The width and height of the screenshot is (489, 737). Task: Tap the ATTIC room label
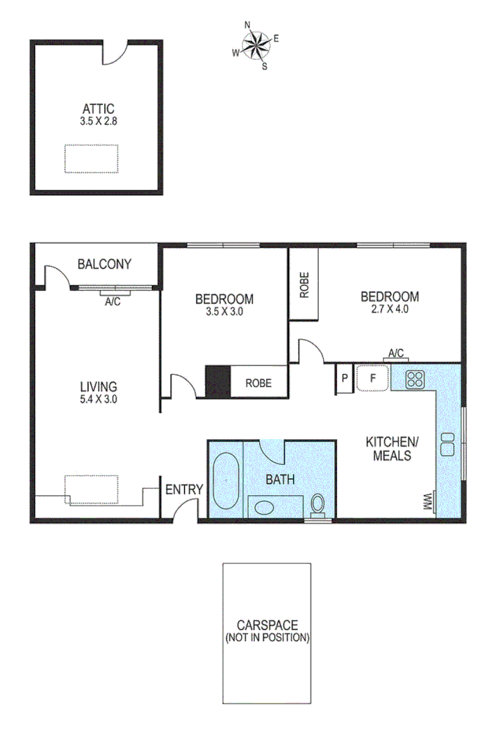(x=98, y=108)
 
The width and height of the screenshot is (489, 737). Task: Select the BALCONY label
(x=104, y=264)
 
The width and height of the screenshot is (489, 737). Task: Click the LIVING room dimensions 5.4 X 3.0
(x=98, y=399)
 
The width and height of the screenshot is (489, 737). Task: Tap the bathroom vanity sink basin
(x=265, y=507)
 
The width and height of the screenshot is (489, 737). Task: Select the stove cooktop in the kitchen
(x=415, y=379)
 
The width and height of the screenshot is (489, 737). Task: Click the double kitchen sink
(x=446, y=444)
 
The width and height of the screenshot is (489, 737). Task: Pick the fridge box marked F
(x=372, y=379)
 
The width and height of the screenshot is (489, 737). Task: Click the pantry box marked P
(x=345, y=379)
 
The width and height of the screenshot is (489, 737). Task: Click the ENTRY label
(x=183, y=490)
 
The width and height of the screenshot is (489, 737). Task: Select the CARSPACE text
(x=267, y=625)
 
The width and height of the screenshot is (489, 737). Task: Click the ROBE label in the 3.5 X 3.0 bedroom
(x=257, y=383)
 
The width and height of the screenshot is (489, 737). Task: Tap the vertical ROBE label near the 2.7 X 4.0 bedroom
(x=304, y=285)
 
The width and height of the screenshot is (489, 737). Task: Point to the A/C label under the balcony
(x=113, y=302)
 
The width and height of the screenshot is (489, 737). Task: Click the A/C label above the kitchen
(x=396, y=354)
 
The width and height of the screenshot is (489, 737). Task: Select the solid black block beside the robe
(x=217, y=381)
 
